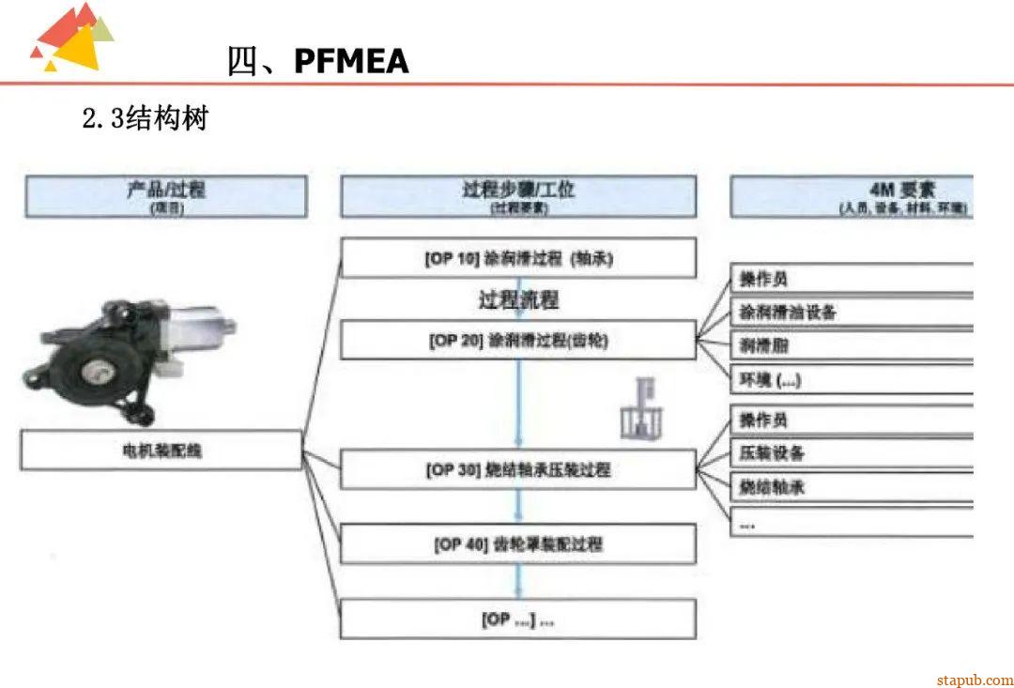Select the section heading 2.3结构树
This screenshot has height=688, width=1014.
point(145,119)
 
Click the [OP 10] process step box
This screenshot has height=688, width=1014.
point(518,258)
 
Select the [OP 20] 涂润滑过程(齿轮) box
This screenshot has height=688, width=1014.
point(518,340)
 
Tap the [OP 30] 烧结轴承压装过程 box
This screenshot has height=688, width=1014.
point(518,468)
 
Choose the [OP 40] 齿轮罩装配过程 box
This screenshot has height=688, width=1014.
point(518,544)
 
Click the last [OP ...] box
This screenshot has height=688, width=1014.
point(518,619)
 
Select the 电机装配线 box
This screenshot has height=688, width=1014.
point(161,451)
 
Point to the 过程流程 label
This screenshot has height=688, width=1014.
point(518,300)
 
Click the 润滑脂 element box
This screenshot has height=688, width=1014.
point(853,346)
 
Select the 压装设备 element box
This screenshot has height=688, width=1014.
point(853,453)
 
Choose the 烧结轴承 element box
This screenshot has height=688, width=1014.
point(853,487)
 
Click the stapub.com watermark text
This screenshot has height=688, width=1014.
point(975,679)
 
